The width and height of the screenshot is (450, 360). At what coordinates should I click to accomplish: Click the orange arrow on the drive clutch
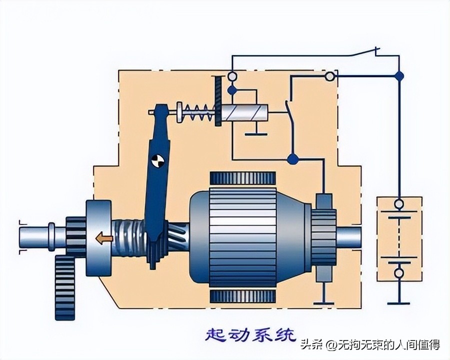(104, 238)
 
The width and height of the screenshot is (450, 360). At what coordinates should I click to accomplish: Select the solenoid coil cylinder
(244, 113)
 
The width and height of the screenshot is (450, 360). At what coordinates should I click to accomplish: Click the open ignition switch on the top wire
(364, 51)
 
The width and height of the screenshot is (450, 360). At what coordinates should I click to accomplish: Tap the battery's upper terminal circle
(399, 204)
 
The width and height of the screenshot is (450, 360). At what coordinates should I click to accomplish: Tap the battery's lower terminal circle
(399, 273)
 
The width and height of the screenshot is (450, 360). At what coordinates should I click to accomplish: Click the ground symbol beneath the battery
(399, 301)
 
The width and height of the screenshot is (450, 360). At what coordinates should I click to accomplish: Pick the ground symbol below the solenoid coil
(255, 132)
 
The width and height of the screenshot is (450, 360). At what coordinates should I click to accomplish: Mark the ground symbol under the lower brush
(323, 302)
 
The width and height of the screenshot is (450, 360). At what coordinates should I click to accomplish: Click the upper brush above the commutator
(323, 201)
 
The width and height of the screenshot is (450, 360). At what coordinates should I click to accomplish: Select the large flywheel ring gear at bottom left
(64, 287)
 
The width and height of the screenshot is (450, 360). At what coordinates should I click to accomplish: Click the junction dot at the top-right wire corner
(399, 76)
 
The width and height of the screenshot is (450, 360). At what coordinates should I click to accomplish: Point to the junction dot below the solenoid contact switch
(293, 159)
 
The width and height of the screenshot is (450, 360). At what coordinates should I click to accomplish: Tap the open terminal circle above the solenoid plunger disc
(232, 76)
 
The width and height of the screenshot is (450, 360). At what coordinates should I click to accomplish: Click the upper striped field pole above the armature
(242, 177)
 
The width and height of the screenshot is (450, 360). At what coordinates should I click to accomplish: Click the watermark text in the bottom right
(370, 344)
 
